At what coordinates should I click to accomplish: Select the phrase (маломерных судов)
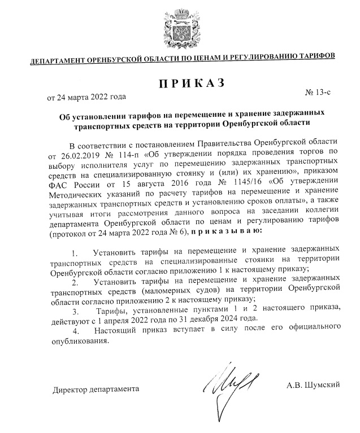click(x=164, y=290)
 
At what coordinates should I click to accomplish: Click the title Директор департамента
click(x=95, y=390)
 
